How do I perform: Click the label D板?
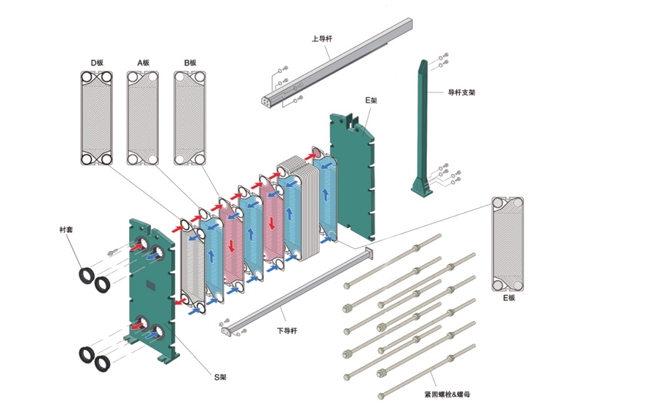point(97,63)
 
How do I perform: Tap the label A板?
point(143,63)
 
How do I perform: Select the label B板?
point(190,63)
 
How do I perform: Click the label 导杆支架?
point(461,92)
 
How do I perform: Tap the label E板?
point(508,298)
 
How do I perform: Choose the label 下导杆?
point(286,330)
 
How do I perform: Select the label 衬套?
point(66,230)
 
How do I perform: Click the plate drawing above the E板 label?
point(508,244)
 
